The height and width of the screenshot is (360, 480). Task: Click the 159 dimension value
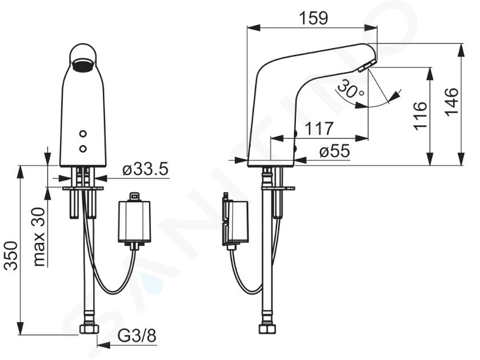pos(313,18)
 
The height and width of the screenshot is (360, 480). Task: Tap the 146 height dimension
pos(451,102)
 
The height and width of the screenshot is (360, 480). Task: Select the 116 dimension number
pos(419,116)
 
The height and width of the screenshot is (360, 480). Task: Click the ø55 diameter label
pos(334,151)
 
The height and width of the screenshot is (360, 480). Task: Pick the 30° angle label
pos(350,89)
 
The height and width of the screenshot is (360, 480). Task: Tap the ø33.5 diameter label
pos(145,169)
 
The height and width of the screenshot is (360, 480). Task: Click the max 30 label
pos(39,237)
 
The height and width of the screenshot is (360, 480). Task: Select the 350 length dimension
pos(11,255)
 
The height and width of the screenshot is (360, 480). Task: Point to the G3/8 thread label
pos(137,336)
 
